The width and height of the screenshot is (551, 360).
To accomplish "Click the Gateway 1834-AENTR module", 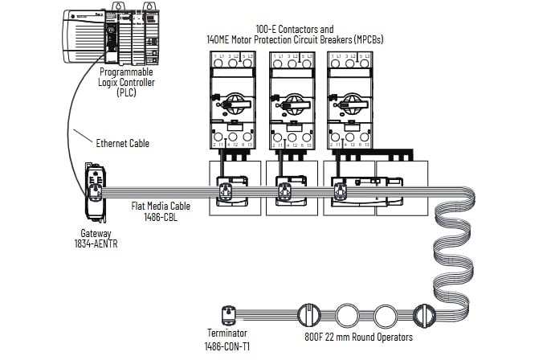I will tap(95, 193).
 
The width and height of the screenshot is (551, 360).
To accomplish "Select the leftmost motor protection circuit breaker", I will tap(232, 100).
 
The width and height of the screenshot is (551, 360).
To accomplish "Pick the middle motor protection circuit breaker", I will tap(290, 100).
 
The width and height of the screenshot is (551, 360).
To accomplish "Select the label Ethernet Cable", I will tap(123, 144).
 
